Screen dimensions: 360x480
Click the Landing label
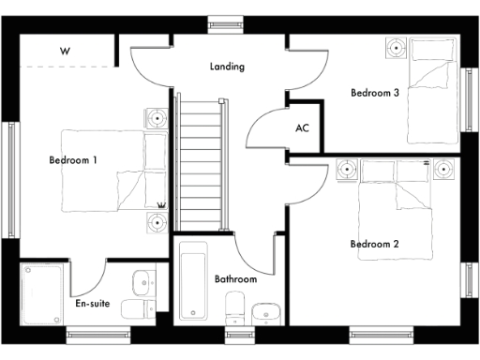[x=227, y=67]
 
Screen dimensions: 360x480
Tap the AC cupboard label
[x=302, y=127]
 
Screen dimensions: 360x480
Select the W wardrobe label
[x=65, y=52]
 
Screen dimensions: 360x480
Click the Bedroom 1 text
[x=73, y=160]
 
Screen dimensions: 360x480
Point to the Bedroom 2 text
[x=375, y=245]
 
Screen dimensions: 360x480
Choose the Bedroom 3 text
[x=375, y=93]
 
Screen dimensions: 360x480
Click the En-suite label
[x=93, y=304]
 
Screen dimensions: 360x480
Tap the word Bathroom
[x=235, y=279]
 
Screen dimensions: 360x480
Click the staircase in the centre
[x=199, y=165]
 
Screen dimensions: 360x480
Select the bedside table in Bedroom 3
[x=396, y=48]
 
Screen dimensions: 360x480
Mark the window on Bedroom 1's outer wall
[x=13, y=156]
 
